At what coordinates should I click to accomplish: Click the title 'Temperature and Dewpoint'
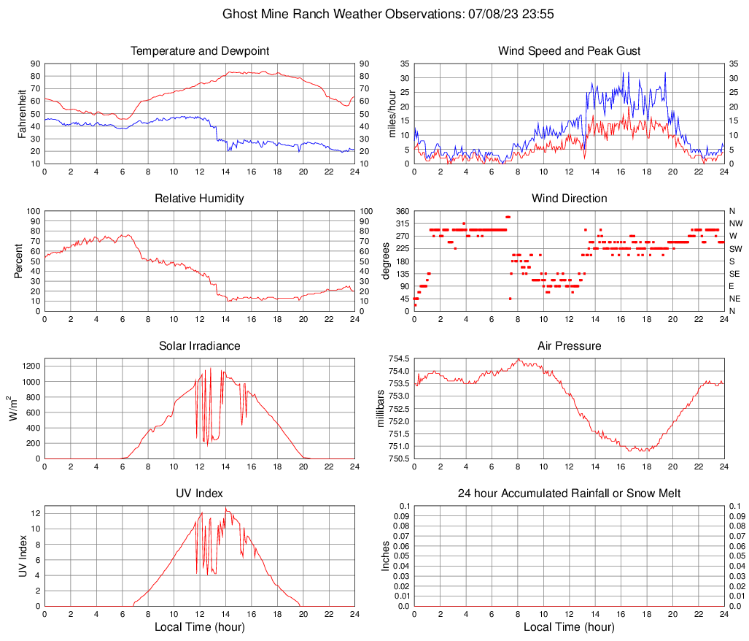[200, 51]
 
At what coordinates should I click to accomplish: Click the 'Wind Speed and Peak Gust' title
[569, 51]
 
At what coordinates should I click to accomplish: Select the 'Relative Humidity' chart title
[200, 199]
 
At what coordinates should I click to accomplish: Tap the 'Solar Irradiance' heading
[200, 346]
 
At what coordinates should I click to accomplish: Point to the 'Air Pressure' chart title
[569, 346]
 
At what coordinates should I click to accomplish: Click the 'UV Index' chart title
[200, 494]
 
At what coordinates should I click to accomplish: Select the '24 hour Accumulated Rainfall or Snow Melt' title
[569, 494]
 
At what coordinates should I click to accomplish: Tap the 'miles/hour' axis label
[392, 113]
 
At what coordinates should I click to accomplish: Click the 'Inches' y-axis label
[386, 556]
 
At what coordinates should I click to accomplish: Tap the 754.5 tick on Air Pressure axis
[397, 358]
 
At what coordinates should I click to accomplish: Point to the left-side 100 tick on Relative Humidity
[33, 211]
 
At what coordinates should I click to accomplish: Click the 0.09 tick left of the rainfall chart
[400, 515]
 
